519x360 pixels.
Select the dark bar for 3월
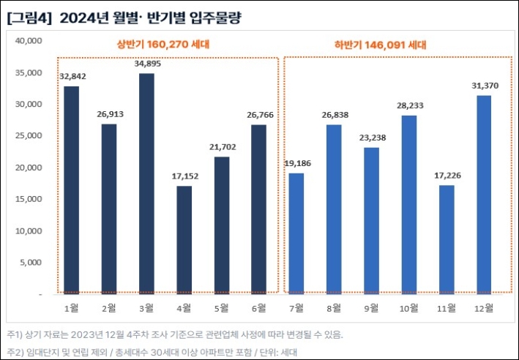pyautogui.click(x=146, y=183)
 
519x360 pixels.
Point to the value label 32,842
pyautogui.click(x=71, y=75)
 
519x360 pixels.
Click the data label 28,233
pyautogui.click(x=409, y=105)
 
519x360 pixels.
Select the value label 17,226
pyautogui.click(x=447, y=174)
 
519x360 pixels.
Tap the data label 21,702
pyautogui.click(x=221, y=146)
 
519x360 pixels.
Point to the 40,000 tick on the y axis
pyautogui.click(x=29, y=41)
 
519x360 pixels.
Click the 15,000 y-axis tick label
pyautogui.click(x=29, y=199)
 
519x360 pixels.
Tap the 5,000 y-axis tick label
pyautogui.click(x=31, y=263)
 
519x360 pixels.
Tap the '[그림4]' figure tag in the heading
pyautogui.click(x=28, y=18)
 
